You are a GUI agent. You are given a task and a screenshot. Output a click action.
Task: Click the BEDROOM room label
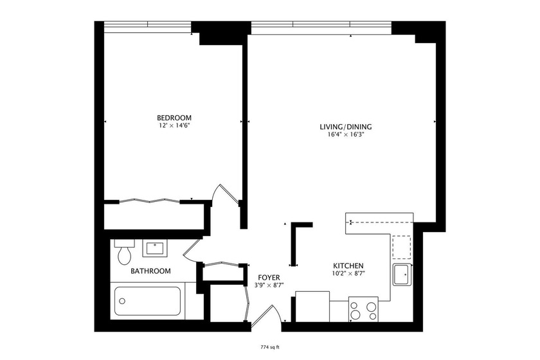click(174, 118)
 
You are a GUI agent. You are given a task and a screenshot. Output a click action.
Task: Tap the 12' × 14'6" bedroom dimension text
click(174, 126)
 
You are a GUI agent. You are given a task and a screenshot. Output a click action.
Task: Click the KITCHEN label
click(348, 266)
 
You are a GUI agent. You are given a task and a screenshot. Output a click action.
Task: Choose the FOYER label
click(269, 277)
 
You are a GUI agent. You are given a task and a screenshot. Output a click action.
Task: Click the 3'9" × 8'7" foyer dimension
click(269, 285)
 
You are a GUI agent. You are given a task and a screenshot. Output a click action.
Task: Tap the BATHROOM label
click(150, 271)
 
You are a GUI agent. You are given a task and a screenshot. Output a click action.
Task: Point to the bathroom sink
click(155, 248)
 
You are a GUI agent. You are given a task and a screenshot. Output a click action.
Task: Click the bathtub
click(147, 301)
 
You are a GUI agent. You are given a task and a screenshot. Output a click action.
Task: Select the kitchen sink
click(402, 275)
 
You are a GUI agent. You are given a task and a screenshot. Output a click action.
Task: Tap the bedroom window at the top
click(147, 24)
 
